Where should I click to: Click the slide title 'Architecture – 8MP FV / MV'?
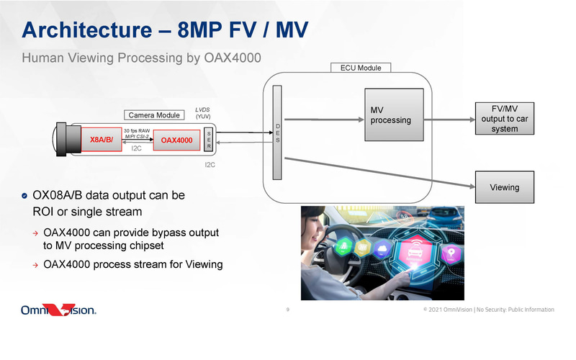[165, 30]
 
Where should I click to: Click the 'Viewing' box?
[504, 187]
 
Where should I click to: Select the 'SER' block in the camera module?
[209, 139]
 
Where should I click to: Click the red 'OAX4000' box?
[176, 140]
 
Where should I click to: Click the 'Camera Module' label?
[153, 115]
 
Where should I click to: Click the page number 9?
[288, 310]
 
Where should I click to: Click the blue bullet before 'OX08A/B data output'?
[26, 196]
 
